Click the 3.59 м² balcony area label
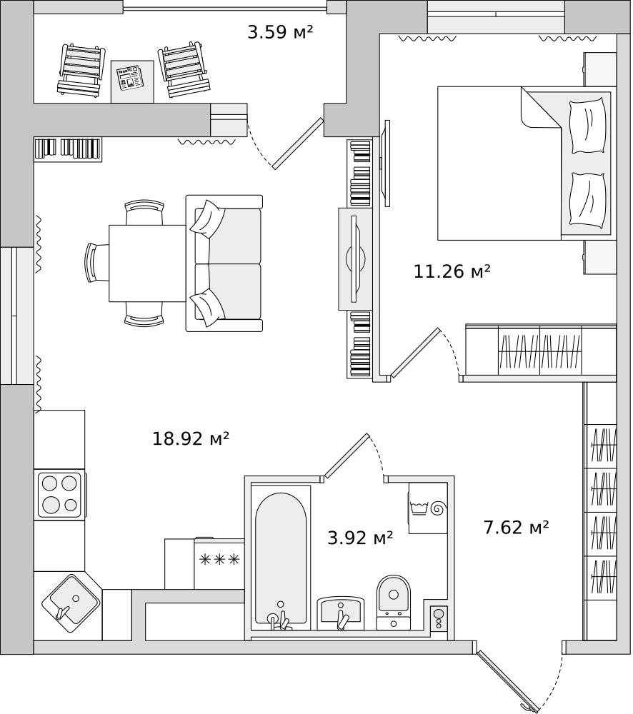pos(280,32)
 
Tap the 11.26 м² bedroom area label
pos(452,271)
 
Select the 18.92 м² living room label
pos(190,438)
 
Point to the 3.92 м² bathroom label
pos(360,538)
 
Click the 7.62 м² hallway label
pos(516,528)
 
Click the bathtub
pos(281,557)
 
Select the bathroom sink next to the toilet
pos(341,613)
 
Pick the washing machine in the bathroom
pos(427,508)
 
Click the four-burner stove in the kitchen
pos(60,495)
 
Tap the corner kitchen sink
pos(70,602)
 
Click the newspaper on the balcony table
pos(131,77)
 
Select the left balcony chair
pos(81,70)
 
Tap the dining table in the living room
pos(147,263)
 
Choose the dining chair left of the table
pos(96,263)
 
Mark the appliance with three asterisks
pos(219,559)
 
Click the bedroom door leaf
pos(414,353)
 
